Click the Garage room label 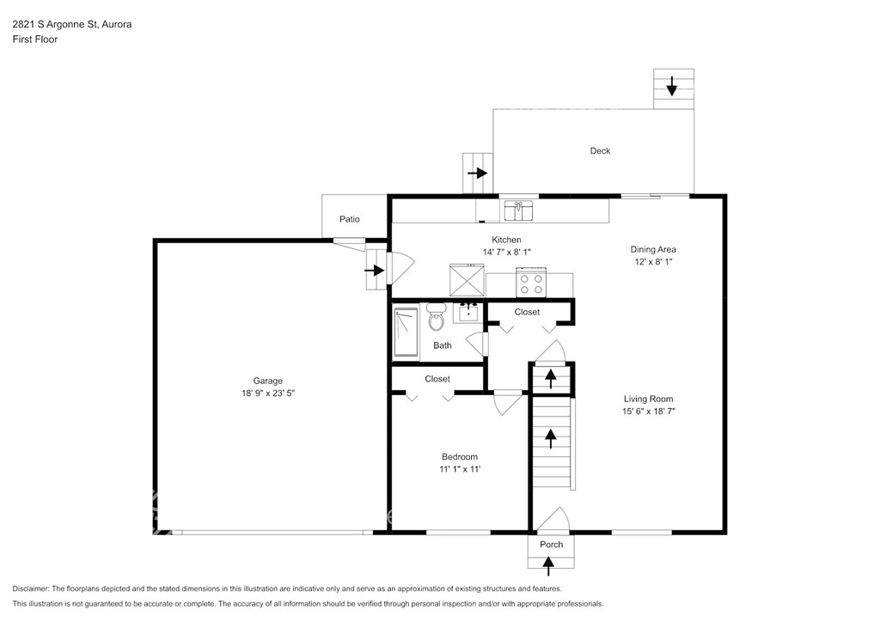pyautogui.click(x=268, y=381)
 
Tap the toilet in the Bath pyautogui.click(x=436, y=317)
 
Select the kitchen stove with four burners pyautogui.click(x=531, y=282)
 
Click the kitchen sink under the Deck pyautogui.click(x=518, y=210)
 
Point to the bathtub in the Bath pyautogui.click(x=406, y=332)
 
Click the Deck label pyautogui.click(x=600, y=151)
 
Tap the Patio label pyautogui.click(x=350, y=219)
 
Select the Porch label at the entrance pyautogui.click(x=551, y=545)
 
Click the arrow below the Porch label pyautogui.click(x=548, y=565)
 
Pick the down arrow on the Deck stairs pyautogui.click(x=672, y=86)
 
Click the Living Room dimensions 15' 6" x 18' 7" pyautogui.click(x=648, y=412)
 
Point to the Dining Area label pyautogui.click(x=653, y=250)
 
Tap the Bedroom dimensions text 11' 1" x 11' pyautogui.click(x=461, y=469)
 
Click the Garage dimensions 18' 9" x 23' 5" pyautogui.click(x=268, y=393)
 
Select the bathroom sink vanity pyautogui.click(x=468, y=312)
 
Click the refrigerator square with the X pyautogui.click(x=467, y=280)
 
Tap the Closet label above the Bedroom pyautogui.click(x=437, y=379)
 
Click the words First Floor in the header pyautogui.click(x=34, y=40)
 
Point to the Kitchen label pyautogui.click(x=506, y=240)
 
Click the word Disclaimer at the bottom pyautogui.click(x=30, y=588)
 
